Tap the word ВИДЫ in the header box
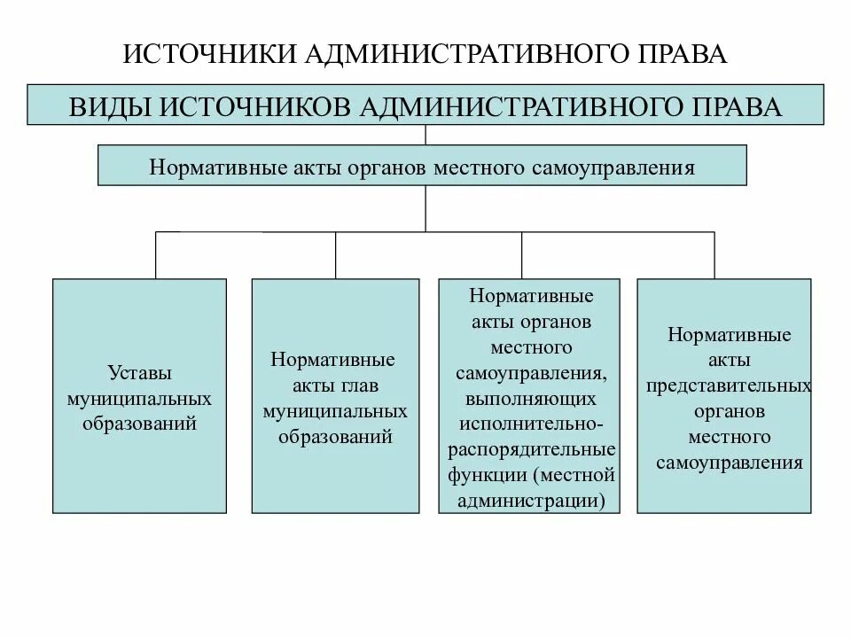coord(107,107)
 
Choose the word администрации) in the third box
coord(529,500)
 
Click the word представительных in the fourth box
coord(729,387)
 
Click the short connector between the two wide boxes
coord(426,135)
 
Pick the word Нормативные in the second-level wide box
coord(209,167)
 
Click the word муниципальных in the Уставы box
coord(139,397)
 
